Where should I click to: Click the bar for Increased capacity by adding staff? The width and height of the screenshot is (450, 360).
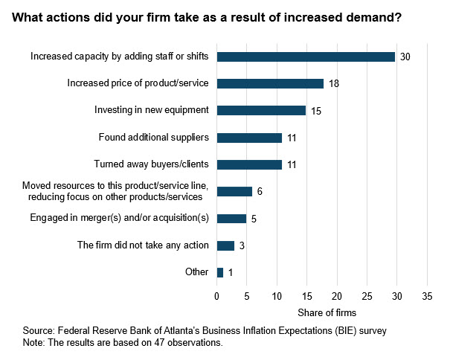click(306, 57)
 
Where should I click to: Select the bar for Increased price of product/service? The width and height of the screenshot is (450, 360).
click(270, 83)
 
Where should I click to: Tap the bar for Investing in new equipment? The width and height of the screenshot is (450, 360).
click(261, 110)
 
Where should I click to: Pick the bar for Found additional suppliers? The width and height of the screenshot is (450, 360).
click(249, 138)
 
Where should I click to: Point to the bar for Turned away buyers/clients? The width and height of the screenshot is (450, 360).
click(249, 164)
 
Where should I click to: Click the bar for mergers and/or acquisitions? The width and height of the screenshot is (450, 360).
click(231, 219)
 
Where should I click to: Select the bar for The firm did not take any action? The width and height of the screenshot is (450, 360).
click(225, 245)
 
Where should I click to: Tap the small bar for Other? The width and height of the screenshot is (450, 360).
click(220, 272)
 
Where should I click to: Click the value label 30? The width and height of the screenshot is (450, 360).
click(405, 57)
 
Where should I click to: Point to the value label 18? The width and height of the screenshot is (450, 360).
click(334, 84)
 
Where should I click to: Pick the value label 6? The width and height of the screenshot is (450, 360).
click(260, 192)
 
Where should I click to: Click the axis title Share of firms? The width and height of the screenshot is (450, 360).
click(322, 312)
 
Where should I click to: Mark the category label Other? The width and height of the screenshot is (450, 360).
click(196, 272)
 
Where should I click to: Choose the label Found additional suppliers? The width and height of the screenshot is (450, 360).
click(153, 138)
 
